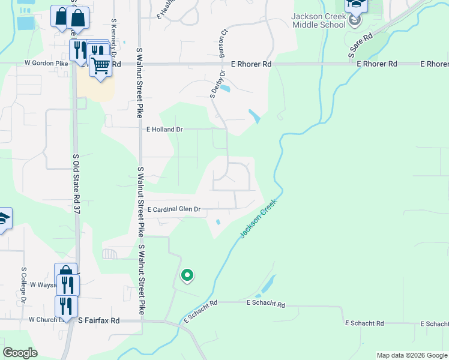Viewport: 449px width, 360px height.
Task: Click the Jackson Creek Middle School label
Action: point(319,20)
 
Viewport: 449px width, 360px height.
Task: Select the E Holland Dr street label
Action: point(164,129)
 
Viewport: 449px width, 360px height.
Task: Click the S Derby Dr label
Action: point(217,83)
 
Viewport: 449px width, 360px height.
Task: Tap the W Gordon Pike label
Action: point(46,63)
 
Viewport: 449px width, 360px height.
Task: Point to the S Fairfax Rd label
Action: point(99,321)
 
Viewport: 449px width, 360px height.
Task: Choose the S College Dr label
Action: point(24,284)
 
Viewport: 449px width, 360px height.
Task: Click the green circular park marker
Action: point(187,275)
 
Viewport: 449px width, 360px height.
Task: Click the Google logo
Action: point(20,353)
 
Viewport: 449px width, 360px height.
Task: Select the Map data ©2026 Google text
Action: point(411,355)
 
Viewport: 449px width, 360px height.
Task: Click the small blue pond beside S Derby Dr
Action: point(225,89)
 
